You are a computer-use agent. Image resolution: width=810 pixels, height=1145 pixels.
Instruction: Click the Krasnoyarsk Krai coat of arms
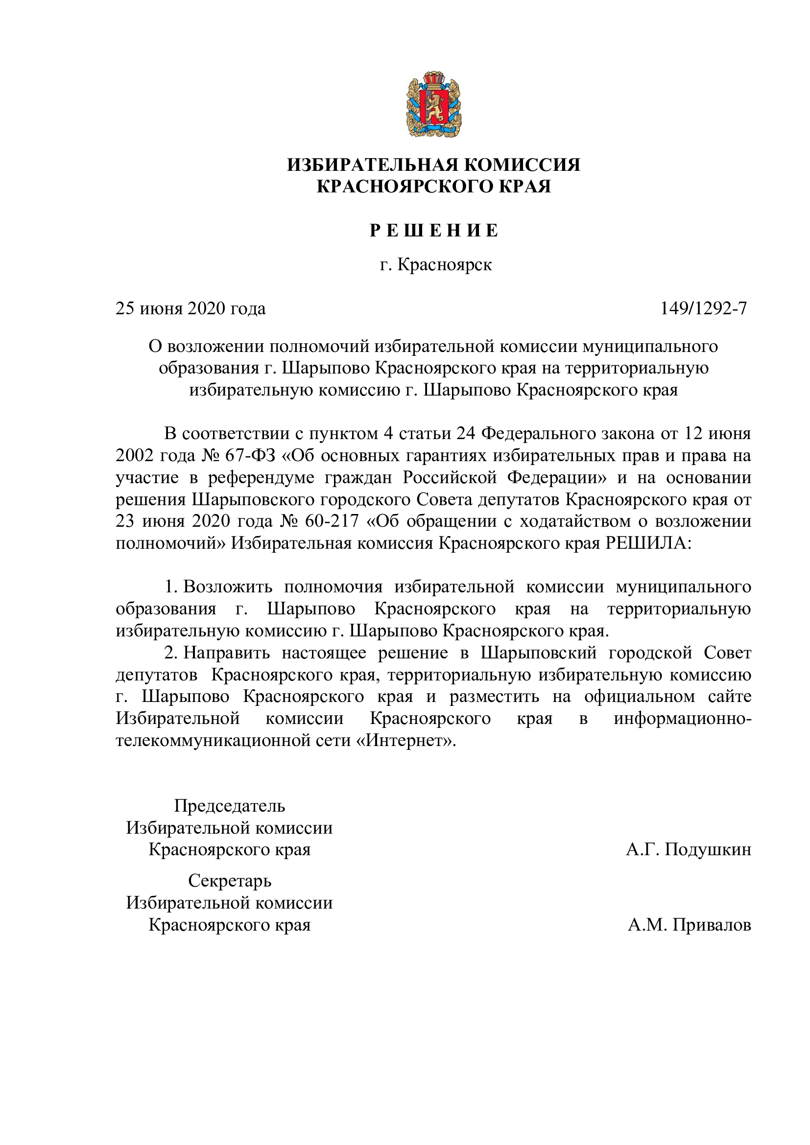click(x=433, y=105)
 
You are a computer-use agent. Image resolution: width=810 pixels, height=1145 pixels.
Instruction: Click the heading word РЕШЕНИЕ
click(x=433, y=231)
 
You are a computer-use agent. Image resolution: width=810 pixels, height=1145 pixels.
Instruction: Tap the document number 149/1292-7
click(x=703, y=309)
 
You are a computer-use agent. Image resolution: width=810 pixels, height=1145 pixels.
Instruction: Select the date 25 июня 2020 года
click(x=191, y=309)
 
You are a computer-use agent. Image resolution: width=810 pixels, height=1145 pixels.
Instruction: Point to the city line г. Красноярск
click(x=435, y=264)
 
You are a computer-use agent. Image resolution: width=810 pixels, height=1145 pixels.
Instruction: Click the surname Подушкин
click(x=708, y=849)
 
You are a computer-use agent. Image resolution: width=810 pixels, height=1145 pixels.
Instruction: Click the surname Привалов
click(x=711, y=925)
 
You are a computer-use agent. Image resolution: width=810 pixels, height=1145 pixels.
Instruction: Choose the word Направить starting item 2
click(x=226, y=653)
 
